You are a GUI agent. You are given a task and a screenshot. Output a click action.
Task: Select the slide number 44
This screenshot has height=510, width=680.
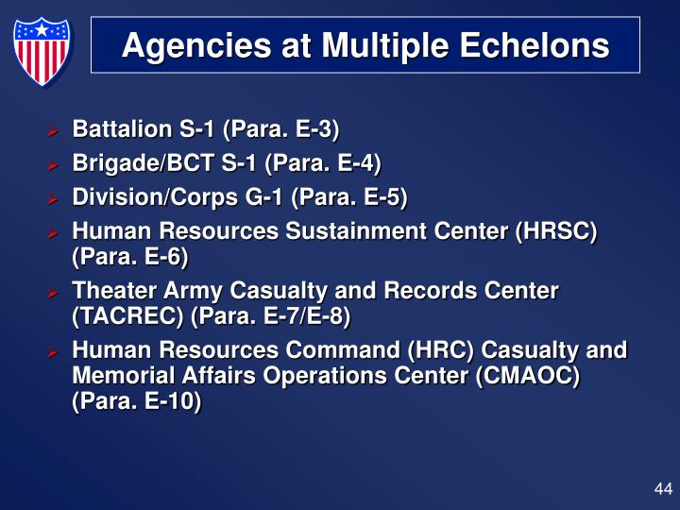point(662,488)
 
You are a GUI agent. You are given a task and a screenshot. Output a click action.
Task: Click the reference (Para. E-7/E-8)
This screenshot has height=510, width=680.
point(271,315)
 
